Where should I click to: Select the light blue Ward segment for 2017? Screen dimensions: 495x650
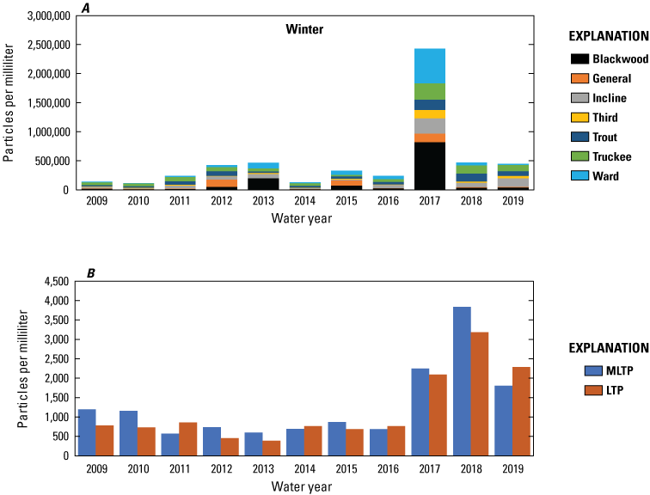coord(429,66)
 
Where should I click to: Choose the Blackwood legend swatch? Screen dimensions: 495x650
coord(579,59)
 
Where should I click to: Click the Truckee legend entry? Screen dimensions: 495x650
coord(611,156)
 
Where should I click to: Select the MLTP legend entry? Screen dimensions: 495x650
coord(610,370)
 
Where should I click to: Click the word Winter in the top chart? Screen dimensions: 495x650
coord(304,29)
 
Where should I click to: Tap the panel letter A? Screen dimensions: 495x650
coord(85,7)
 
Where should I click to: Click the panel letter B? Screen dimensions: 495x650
coord(89,273)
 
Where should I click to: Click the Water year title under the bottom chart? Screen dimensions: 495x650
coord(304,486)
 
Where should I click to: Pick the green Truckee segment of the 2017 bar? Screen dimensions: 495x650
coord(429,92)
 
